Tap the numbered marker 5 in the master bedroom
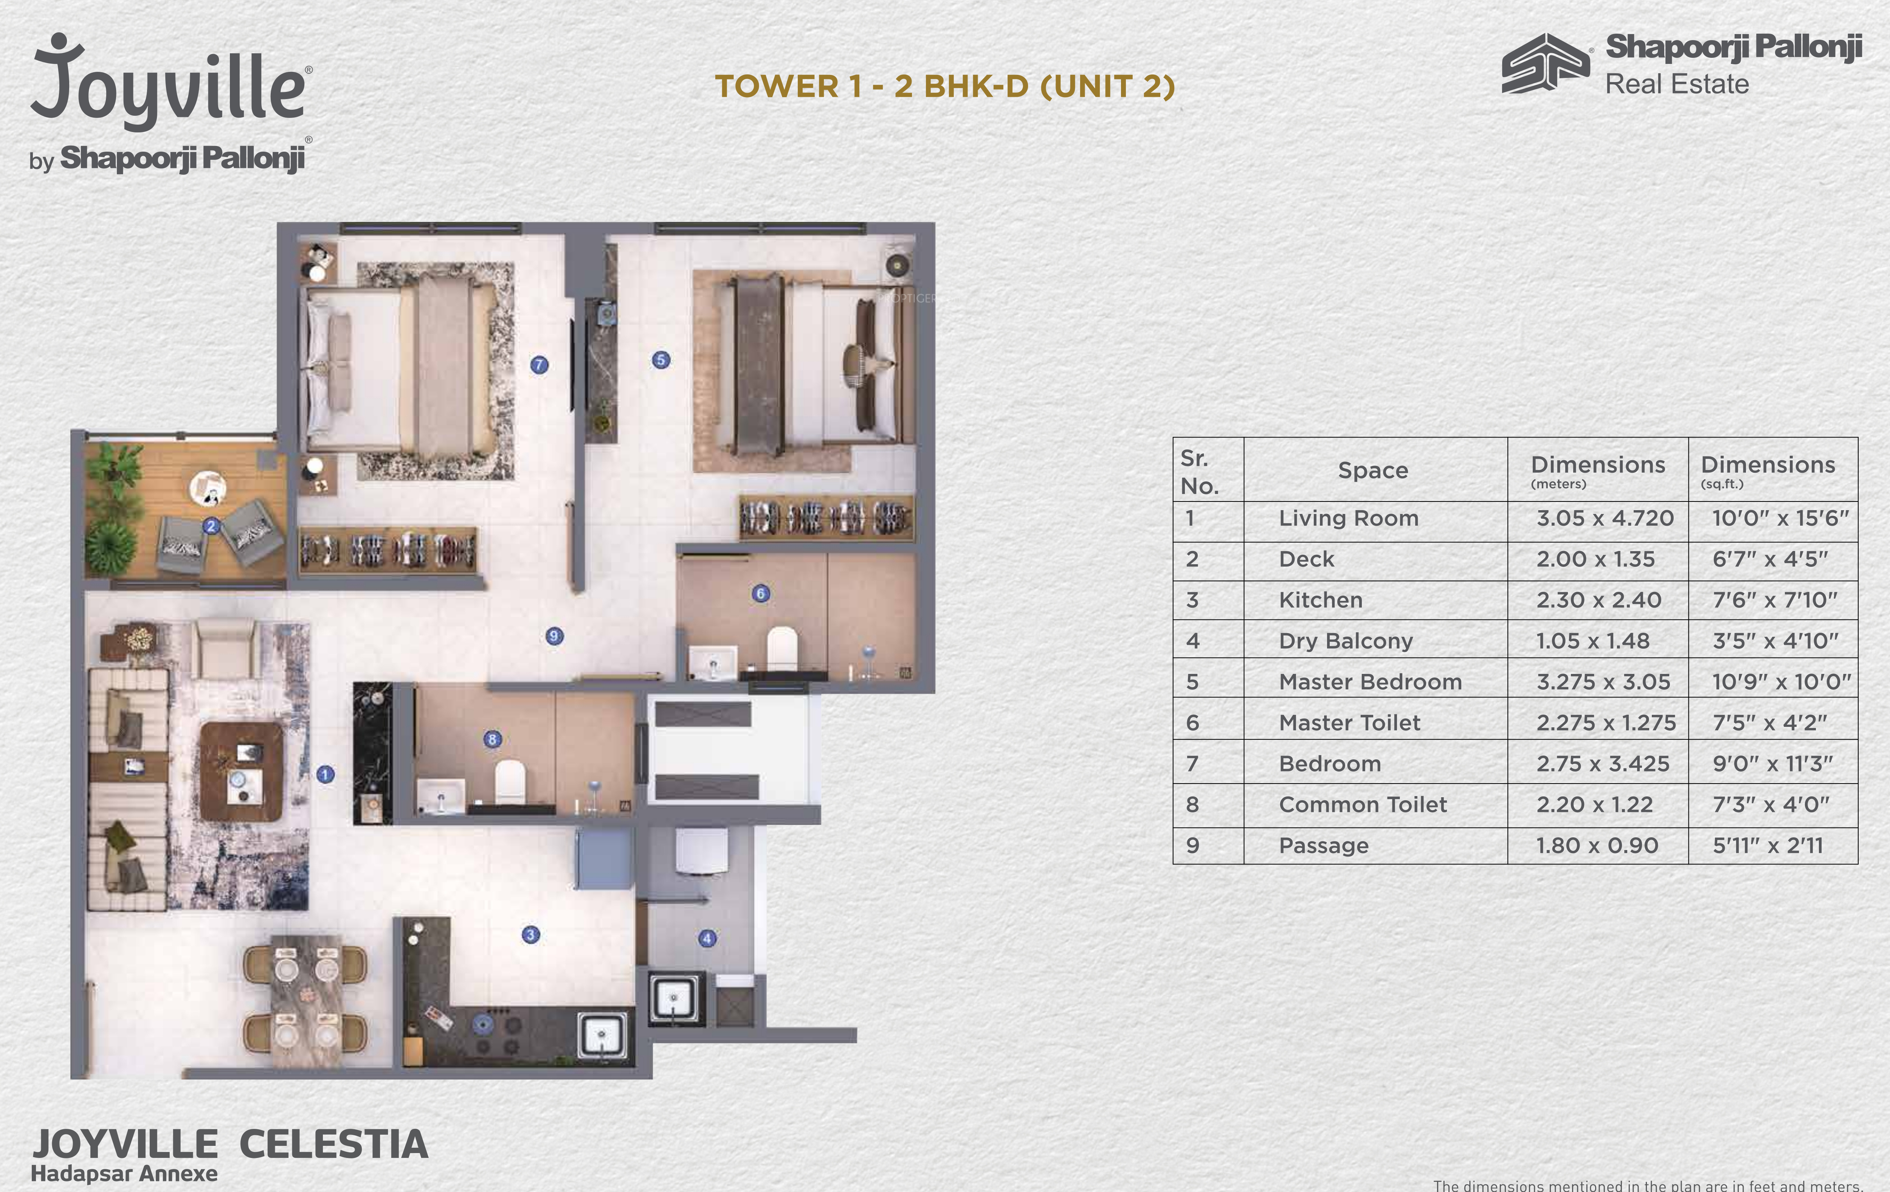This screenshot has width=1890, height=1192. tap(661, 360)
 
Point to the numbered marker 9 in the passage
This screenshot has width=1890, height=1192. tap(554, 636)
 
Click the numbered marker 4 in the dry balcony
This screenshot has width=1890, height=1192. tap(707, 937)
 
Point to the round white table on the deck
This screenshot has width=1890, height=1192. tap(208, 489)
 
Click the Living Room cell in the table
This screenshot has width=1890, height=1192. tap(1349, 518)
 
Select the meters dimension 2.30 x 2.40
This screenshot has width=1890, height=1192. tap(1599, 600)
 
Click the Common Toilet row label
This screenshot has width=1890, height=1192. tap(1363, 804)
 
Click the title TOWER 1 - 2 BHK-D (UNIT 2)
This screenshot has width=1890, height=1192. tap(945, 86)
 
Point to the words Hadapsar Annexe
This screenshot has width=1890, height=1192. tap(124, 1173)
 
